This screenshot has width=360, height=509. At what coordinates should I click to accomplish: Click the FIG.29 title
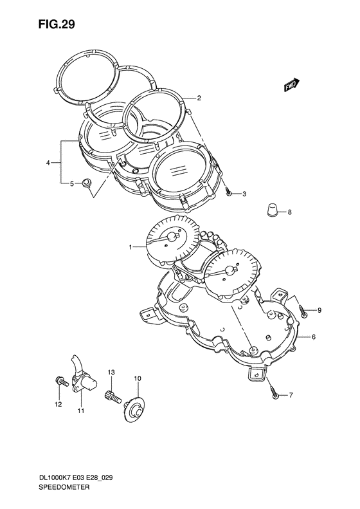coord(57,24)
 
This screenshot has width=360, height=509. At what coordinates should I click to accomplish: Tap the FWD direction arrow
coord(292,85)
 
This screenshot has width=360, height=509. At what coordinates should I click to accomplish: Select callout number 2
coord(199,98)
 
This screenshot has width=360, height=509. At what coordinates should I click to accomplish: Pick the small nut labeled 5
coord(87,183)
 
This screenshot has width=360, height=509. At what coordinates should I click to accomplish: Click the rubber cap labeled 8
coord(273,209)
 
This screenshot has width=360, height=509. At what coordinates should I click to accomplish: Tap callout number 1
coord(130,248)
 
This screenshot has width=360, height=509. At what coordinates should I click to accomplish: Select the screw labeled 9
coord(304,310)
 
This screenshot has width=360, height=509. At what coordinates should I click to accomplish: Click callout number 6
coord(314,337)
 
